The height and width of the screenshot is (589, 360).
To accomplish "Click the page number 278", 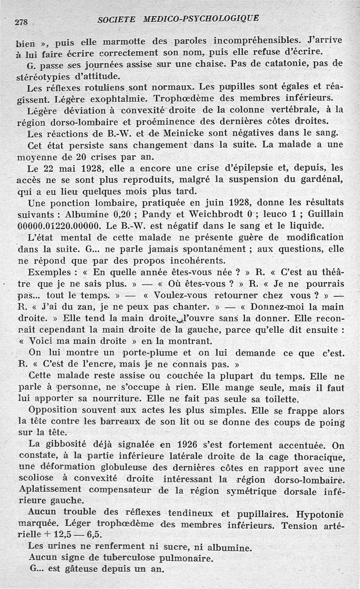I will point(21,22).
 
